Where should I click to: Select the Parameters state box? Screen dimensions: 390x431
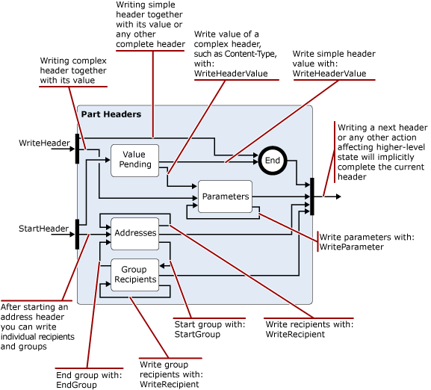225,196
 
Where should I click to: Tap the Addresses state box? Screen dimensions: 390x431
135,232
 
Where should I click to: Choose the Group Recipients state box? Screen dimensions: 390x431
135,274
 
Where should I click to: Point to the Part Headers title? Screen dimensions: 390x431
111,114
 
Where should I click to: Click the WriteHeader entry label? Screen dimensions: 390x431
44,142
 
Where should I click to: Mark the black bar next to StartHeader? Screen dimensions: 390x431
78,234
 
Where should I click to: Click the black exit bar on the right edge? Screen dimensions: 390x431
312,196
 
